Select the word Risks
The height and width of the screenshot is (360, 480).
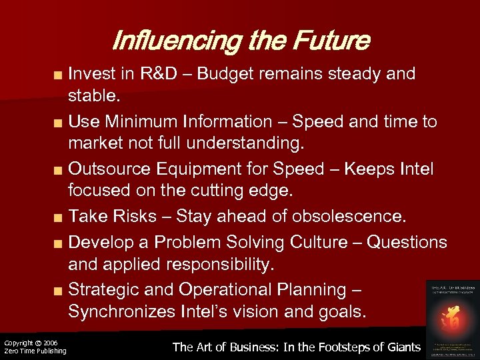tap(141, 217)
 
